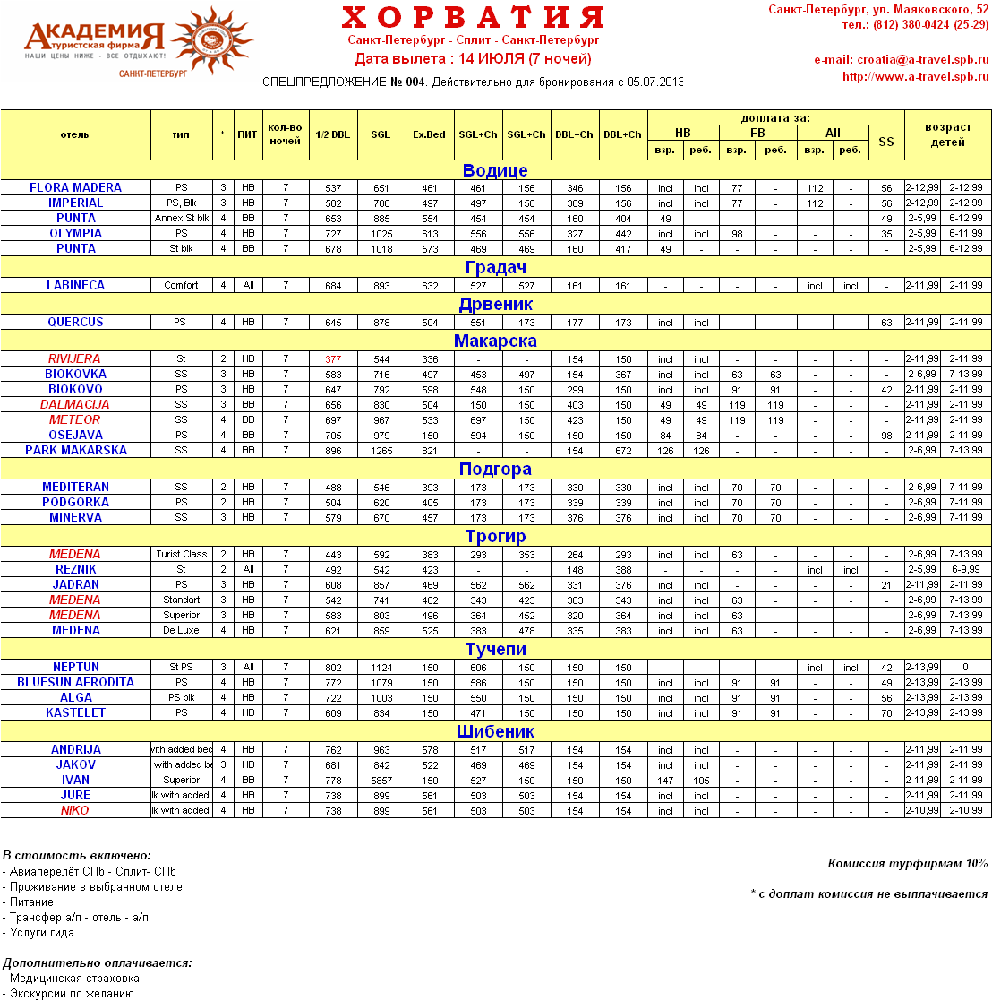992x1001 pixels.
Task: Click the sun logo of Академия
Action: point(210,39)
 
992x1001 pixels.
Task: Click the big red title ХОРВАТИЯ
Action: point(473,17)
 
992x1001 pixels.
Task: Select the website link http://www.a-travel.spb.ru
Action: point(915,76)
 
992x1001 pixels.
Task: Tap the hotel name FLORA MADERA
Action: point(75,188)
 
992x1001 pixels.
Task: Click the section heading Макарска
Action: point(495,341)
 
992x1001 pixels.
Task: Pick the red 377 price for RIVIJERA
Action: point(334,359)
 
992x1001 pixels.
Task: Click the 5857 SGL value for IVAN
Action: point(381,781)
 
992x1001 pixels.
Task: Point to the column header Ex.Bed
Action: point(430,134)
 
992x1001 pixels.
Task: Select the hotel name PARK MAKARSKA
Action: point(75,451)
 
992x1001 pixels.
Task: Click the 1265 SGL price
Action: point(381,451)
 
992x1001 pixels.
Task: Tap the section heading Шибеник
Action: point(495,731)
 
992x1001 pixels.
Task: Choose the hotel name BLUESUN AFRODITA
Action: point(75,683)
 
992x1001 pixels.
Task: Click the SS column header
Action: point(886,142)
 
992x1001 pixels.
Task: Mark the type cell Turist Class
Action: point(181,555)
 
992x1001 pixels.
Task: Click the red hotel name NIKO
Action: point(75,811)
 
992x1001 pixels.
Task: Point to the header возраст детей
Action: point(948,134)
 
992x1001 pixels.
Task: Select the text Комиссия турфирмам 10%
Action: point(908,864)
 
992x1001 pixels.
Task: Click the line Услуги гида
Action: point(41,933)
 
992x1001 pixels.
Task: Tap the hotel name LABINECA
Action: point(75,286)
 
